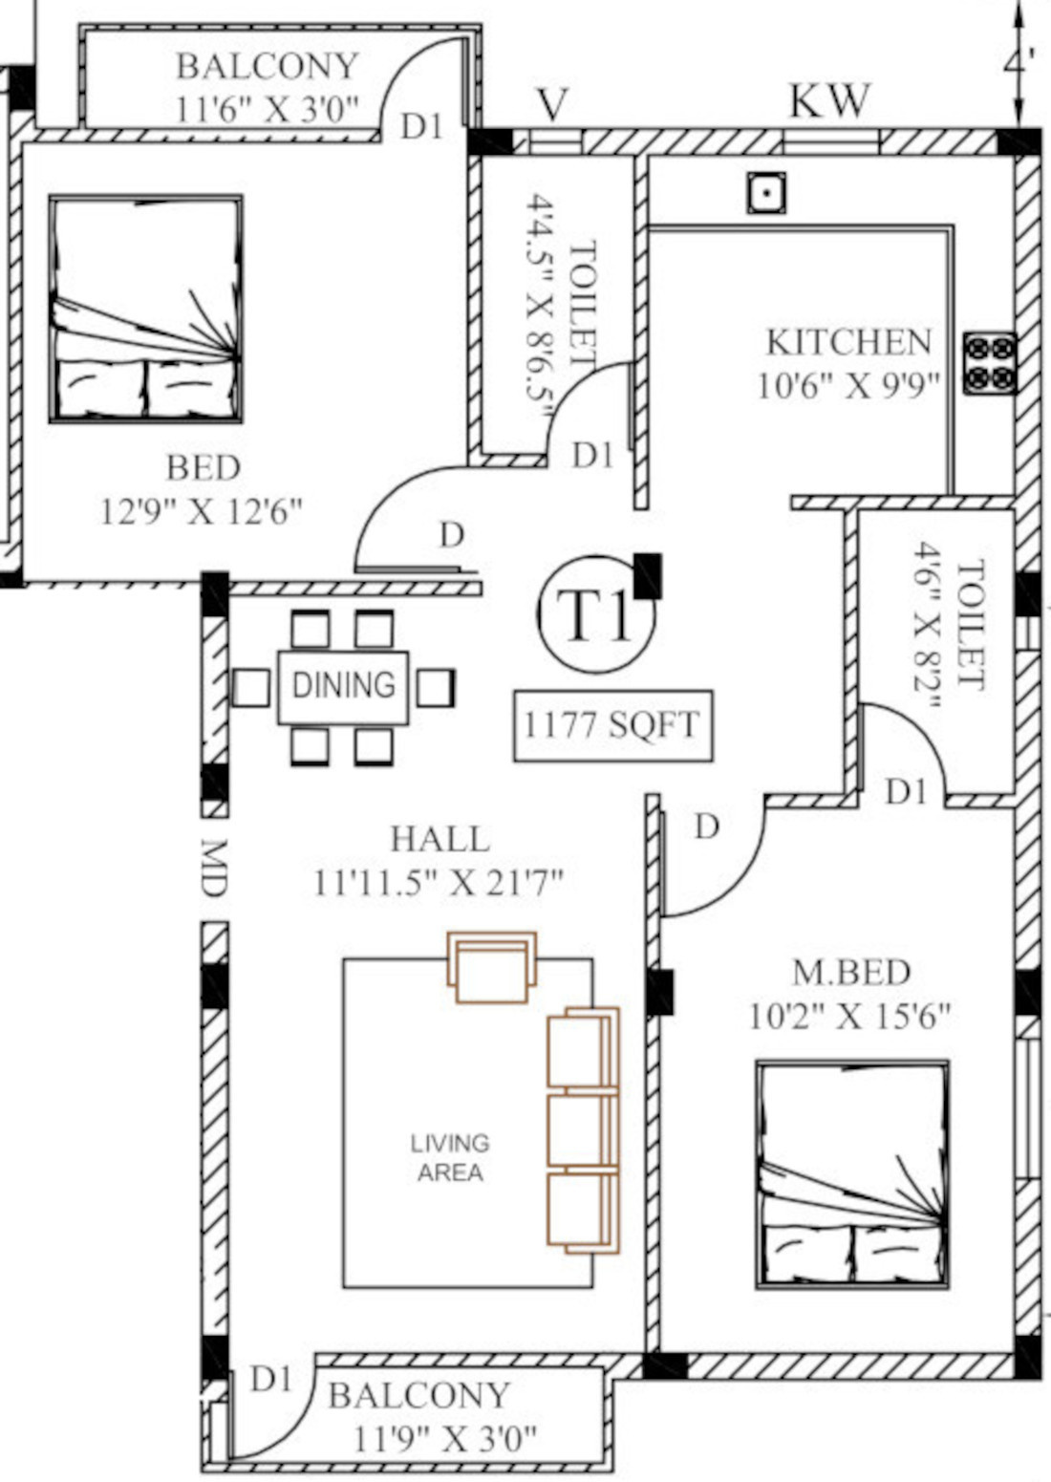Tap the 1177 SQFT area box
613,726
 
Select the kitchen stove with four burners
990,364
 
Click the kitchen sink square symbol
766,192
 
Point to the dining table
343,687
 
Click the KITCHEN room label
848,342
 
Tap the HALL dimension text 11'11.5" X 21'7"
438,883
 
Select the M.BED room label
851,972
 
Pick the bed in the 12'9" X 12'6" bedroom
145,309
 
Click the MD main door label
214,868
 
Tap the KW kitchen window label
830,101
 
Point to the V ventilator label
552,104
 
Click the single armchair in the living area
491,967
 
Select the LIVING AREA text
450,1158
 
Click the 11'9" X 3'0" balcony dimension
445,1438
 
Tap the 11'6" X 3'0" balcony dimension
267,109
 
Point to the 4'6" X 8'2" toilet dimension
926,626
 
